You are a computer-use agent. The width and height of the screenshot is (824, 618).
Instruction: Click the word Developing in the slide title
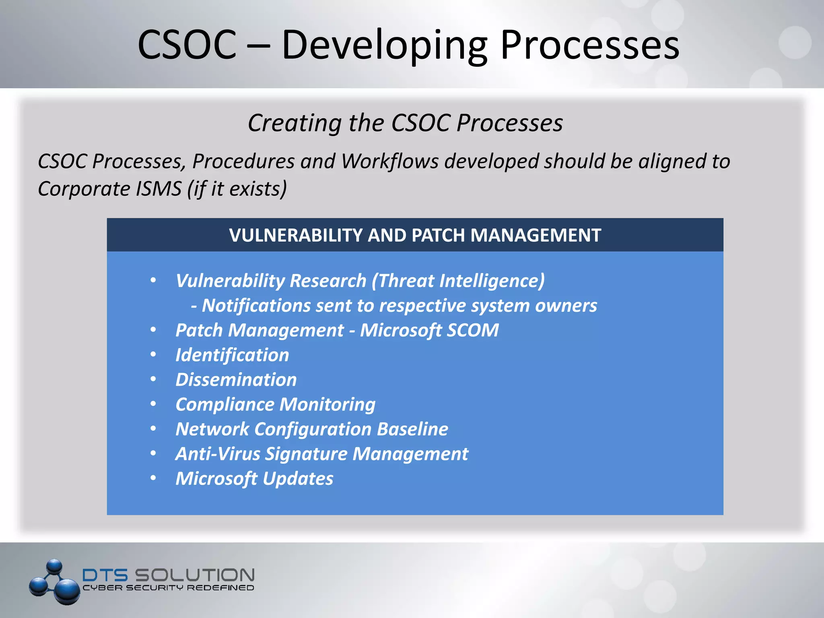384,45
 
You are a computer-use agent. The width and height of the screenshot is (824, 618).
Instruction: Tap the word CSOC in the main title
187,45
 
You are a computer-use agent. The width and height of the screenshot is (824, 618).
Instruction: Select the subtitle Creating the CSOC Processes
405,123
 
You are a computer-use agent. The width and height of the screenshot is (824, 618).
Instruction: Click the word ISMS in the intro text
159,189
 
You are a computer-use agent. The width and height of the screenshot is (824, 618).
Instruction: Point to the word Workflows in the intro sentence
389,161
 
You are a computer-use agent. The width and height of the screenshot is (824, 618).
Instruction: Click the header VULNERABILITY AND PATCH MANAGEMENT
415,235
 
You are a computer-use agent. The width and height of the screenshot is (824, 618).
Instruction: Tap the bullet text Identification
232,355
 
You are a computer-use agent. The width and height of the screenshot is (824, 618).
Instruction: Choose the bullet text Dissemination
236,380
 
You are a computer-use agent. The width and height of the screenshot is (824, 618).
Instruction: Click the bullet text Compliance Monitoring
275,405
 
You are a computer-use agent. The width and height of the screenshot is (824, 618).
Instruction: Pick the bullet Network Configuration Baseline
311,429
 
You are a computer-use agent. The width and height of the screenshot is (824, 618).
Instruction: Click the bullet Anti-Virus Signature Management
321,454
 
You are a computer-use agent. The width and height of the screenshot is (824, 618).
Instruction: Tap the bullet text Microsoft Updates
254,479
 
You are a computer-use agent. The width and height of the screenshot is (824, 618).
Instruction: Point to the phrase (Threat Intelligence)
458,281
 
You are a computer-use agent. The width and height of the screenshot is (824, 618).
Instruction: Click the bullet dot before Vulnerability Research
153,280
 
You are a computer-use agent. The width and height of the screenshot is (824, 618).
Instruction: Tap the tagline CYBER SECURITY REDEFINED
168,588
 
